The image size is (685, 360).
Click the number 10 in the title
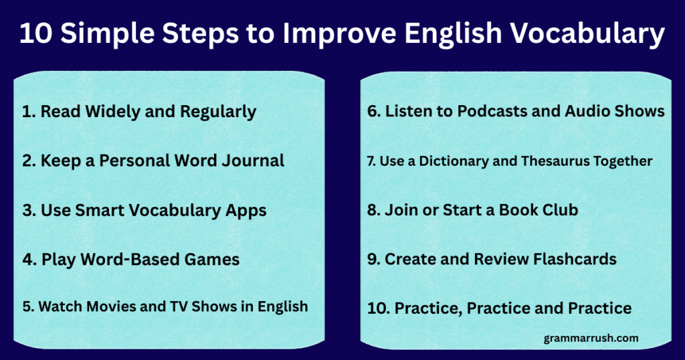click(35, 33)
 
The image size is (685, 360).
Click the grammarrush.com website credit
click(591, 339)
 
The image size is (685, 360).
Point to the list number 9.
click(373, 260)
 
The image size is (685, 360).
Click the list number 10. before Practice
click(379, 308)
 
